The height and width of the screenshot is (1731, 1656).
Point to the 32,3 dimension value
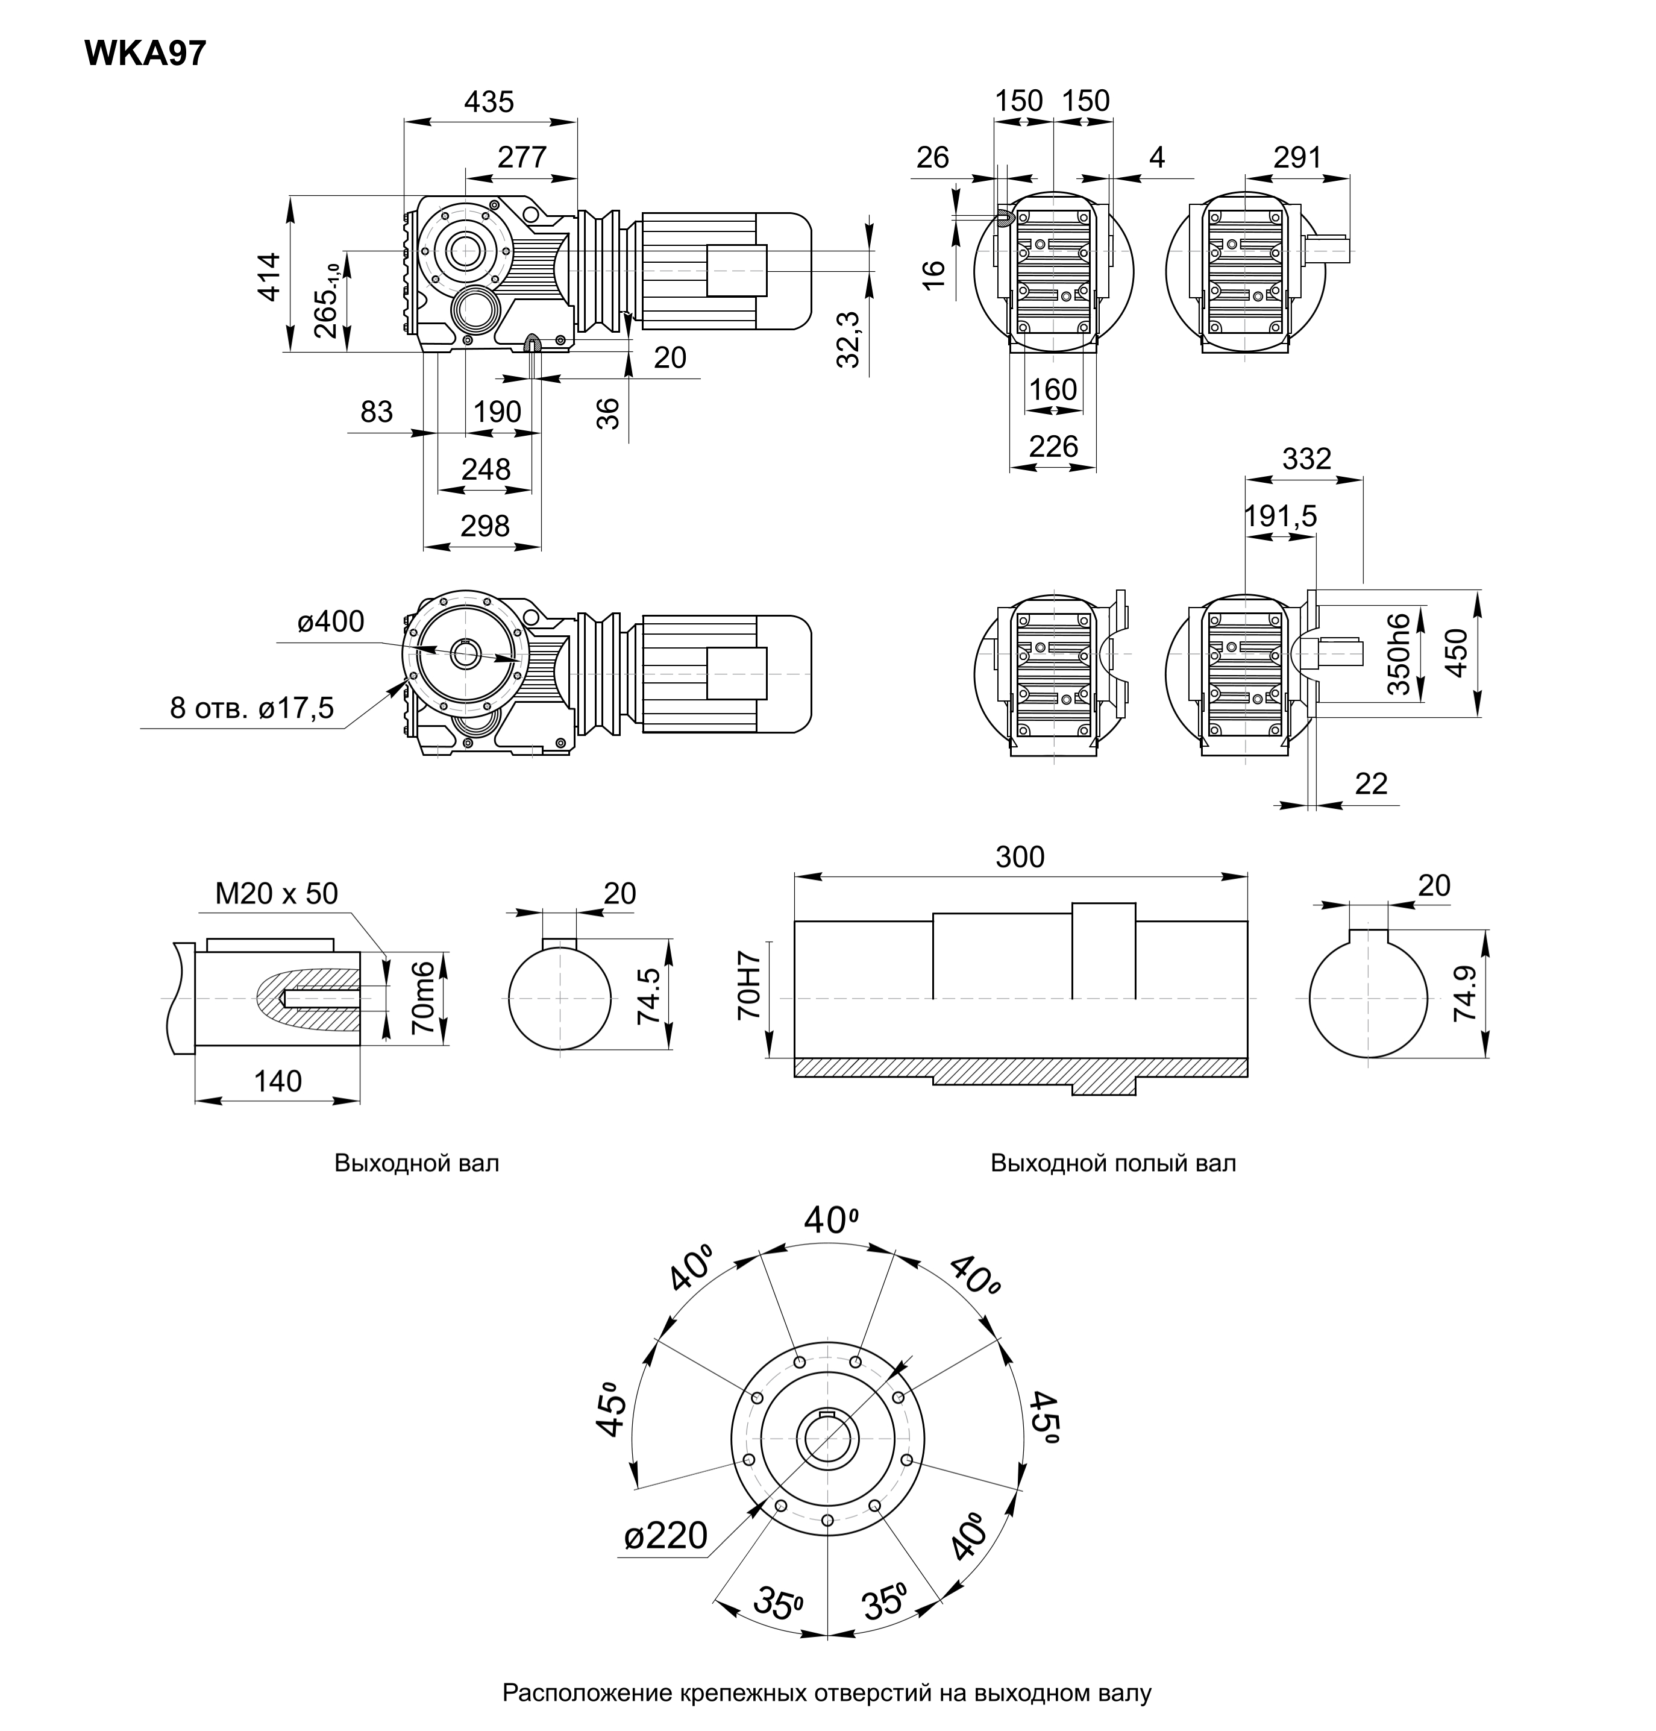tap(848, 339)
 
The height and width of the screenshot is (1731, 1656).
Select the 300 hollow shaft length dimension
tap(1020, 856)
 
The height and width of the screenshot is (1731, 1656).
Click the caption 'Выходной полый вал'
tap(1112, 1163)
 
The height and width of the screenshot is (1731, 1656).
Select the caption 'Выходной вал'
tap(416, 1163)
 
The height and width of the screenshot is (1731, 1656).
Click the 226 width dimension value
tap(1053, 447)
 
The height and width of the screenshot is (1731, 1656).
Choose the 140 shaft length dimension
tap(277, 1081)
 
